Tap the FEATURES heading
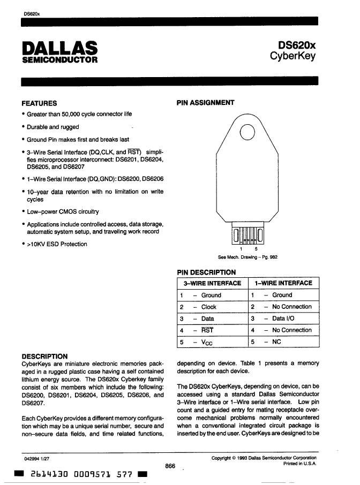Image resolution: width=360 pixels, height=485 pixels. pos(39,103)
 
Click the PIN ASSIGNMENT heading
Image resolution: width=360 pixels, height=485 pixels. pos(205,103)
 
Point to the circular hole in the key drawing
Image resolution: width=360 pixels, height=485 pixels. pos(247,132)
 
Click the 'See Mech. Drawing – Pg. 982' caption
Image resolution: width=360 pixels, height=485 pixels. pos(247,257)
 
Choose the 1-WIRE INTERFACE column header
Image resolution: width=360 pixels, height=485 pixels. pos(283,283)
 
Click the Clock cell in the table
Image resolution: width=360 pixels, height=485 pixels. pos(208,307)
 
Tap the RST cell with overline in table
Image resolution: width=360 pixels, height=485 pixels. pos(207,330)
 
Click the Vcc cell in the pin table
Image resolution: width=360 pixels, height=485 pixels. pos(208,342)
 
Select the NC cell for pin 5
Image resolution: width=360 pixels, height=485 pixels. pos(276,342)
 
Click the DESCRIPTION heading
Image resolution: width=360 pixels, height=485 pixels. pos(44,356)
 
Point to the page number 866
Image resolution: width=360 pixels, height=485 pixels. pos(170,466)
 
